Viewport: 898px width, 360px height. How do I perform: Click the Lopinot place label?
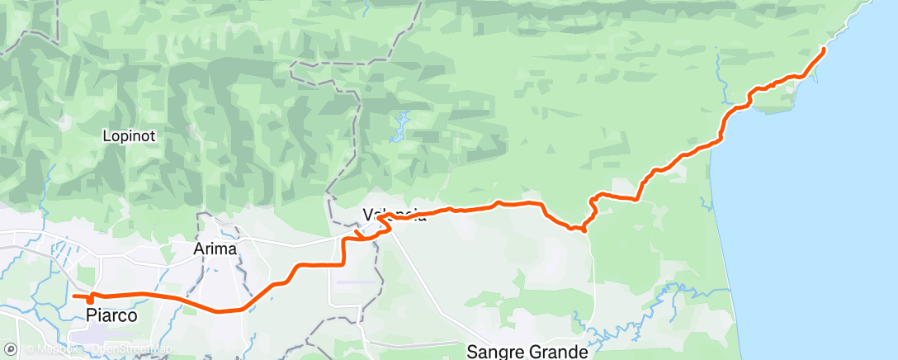[x=130, y=135]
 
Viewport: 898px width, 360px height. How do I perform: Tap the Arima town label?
[x=215, y=249]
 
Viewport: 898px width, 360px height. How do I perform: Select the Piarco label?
[x=111, y=315]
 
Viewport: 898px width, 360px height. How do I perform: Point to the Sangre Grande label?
[x=527, y=351]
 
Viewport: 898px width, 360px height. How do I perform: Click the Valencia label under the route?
[x=395, y=214]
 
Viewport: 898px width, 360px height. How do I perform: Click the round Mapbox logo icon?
[x=10, y=349]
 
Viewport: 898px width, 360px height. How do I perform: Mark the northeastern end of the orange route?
[x=824, y=50]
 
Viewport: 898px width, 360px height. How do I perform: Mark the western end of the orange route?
[x=74, y=296]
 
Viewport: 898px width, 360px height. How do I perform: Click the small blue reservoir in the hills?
[x=402, y=124]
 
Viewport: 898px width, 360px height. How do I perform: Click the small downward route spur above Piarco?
[x=90, y=299]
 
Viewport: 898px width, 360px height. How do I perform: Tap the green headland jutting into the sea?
[x=805, y=91]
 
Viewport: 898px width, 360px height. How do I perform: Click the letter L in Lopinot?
[x=106, y=135]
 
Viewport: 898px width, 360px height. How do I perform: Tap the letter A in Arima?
[x=199, y=249]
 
